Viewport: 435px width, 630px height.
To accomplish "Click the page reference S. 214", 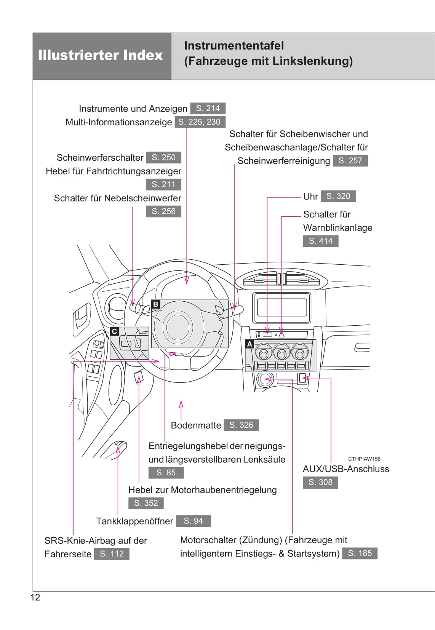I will [208, 109].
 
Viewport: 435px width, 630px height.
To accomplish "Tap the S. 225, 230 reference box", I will [200, 122].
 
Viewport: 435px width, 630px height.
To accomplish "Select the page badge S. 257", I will [350, 161].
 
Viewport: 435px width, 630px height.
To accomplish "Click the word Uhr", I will [310, 197].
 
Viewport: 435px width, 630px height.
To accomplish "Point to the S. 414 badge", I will [320, 241].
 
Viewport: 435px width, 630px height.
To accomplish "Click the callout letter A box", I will [250, 344].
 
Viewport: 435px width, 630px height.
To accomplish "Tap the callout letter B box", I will [155, 304].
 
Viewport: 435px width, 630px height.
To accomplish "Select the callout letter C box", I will [114, 331].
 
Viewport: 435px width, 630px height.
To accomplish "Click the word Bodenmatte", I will [196, 425].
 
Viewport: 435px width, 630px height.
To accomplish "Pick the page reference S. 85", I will [166, 473].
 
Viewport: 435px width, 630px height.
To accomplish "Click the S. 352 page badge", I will [146, 503].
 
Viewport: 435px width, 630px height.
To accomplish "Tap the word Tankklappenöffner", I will [134, 521].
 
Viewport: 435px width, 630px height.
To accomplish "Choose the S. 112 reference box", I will [112, 554].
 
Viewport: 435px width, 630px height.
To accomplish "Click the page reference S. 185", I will [360, 553].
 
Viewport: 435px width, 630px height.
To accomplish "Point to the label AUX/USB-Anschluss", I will [346, 469].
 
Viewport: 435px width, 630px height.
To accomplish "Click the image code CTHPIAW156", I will [364, 459].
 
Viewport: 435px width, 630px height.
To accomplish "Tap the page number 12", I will [35, 597].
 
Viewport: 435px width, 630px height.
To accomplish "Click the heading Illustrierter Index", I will [101, 56].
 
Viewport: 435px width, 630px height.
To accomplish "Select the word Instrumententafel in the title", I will [234, 46].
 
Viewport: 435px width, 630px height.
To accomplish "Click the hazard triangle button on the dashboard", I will [281, 334].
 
